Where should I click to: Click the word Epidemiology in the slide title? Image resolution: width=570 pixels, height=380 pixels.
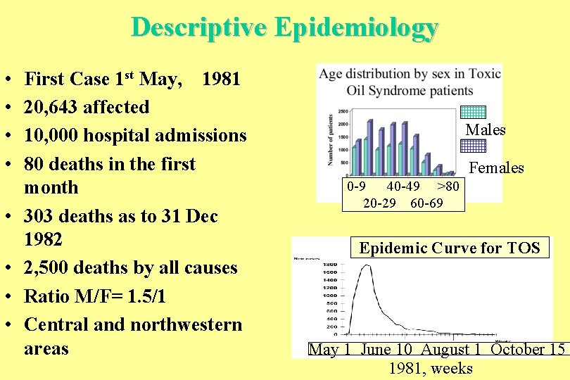tap(357, 27)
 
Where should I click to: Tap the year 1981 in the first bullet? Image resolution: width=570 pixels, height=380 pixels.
tap(221, 80)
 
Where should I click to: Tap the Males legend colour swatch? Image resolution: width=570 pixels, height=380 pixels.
tap(472, 112)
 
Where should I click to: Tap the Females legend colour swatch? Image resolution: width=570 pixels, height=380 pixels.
tap(472, 146)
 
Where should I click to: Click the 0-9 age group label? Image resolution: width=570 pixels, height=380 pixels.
tap(357, 186)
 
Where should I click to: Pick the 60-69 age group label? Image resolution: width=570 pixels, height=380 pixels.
tap(426, 203)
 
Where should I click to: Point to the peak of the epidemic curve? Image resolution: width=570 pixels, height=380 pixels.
tap(365, 265)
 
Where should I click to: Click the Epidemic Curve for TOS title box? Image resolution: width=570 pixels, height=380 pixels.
tap(450, 248)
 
